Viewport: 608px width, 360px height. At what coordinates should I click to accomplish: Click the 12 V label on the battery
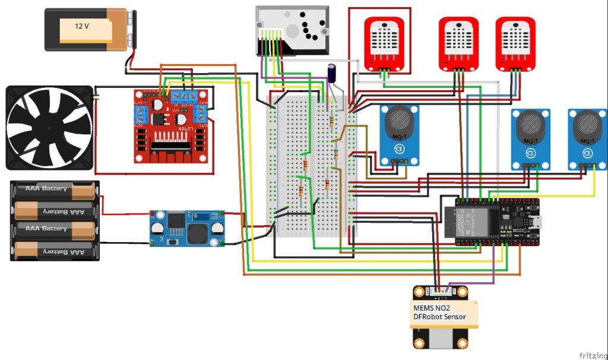coord(83,26)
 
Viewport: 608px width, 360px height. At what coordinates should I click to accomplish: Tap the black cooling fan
coord(50,127)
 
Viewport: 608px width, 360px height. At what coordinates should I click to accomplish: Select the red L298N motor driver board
coord(171,126)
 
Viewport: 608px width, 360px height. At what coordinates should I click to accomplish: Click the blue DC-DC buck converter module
coord(187,227)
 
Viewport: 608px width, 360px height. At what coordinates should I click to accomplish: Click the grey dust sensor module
coord(291,31)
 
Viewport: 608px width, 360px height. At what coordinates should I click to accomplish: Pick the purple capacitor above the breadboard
coord(332,72)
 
